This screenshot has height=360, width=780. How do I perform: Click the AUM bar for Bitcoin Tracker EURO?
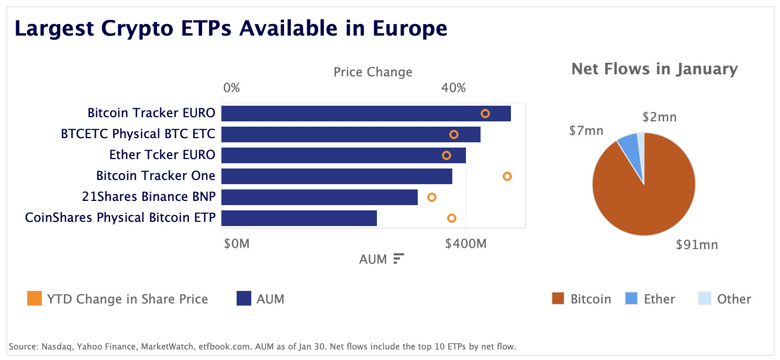(x=366, y=114)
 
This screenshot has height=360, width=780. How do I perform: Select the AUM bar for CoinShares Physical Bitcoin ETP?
(x=299, y=218)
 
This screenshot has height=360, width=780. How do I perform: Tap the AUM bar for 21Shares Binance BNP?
(x=319, y=197)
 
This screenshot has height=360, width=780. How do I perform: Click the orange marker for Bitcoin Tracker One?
(x=507, y=176)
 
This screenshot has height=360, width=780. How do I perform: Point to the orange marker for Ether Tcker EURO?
(x=447, y=155)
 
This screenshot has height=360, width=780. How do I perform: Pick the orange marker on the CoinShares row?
(x=452, y=218)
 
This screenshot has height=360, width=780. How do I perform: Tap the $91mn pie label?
(x=696, y=244)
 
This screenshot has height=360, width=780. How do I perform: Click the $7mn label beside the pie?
(x=586, y=130)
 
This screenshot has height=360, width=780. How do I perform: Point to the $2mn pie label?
(x=659, y=117)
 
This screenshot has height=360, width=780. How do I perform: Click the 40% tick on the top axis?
(x=453, y=88)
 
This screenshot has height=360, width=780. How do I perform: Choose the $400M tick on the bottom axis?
(x=465, y=243)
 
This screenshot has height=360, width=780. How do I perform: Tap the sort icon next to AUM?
(x=398, y=258)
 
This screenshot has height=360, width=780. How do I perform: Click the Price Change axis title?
(x=373, y=72)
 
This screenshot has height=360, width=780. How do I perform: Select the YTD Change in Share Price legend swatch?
(x=35, y=299)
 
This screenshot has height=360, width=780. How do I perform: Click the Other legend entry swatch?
(x=705, y=299)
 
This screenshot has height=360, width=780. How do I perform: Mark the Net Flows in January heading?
(x=654, y=69)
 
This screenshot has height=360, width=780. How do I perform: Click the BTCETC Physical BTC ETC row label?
(x=138, y=134)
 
